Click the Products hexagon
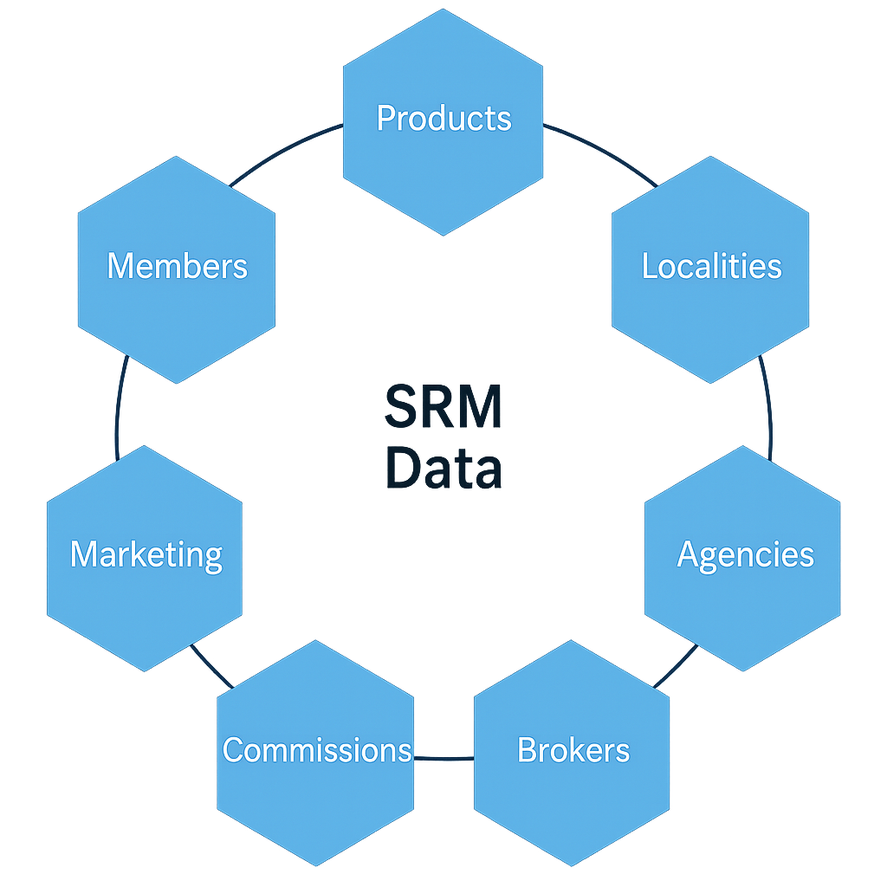pos(443,121)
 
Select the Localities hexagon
pos(710,269)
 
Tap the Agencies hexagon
pos(743,558)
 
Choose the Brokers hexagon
pos(572,752)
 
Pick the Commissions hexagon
pos(315,752)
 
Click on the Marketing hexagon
pos(145,558)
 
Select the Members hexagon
pos(177,269)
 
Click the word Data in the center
pos(443,468)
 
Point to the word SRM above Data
pos(443,405)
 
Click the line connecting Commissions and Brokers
pos(443,758)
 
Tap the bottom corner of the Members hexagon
pos(177,382)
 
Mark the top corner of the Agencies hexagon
pos(743,447)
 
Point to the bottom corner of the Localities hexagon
pos(710,382)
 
